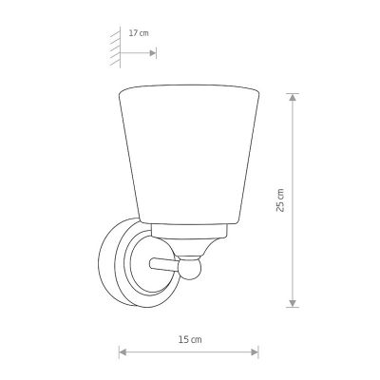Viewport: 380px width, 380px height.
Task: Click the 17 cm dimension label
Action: coord(139,33)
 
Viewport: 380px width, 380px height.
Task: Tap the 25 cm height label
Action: coord(280,200)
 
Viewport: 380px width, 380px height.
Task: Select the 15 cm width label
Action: coord(190,340)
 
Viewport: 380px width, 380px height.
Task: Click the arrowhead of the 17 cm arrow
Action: coord(153,53)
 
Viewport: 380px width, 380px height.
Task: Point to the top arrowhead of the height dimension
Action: coord(293,97)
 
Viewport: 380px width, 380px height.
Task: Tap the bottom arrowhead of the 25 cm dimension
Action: coord(293,303)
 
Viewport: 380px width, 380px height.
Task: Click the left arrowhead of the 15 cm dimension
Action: coord(123,352)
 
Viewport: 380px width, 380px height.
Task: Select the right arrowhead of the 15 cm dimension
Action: coord(255,352)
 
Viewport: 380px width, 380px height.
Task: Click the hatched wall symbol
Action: coord(116,47)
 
